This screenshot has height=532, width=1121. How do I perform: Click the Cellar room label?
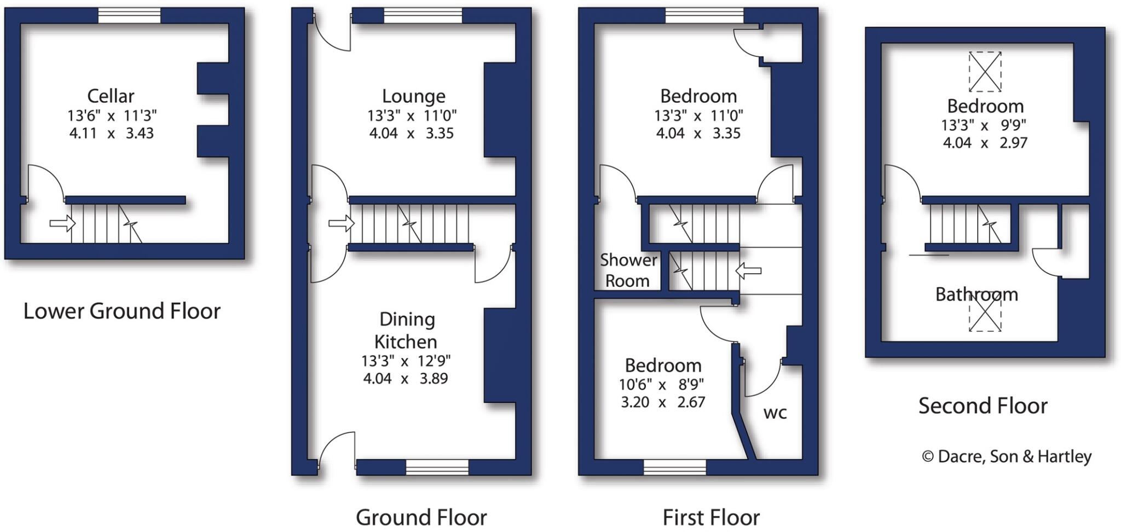pyautogui.click(x=111, y=96)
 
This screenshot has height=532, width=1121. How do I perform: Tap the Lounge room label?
pyautogui.click(x=413, y=96)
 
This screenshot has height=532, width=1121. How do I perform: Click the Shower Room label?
pyautogui.click(x=627, y=270)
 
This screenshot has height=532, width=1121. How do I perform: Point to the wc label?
pyautogui.click(x=775, y=413)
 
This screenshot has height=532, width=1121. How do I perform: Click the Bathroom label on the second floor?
pyautogui.click(x=976, y=294)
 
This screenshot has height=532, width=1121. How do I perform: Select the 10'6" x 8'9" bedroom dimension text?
pyautogui.click(x=661, y=385)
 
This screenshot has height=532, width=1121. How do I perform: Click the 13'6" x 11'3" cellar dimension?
pyautogui.click(x=112, y=115)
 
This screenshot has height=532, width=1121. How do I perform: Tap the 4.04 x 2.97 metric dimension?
pyautogui.click(x=985, y=143)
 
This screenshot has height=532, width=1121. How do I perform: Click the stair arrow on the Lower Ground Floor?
pyautogui.click(x=62, y=223)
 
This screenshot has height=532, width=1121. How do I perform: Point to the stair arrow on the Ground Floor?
pyautogui.click(x=341, y=223)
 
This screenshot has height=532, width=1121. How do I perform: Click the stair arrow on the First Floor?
pyautogui.click(x=748, y=270)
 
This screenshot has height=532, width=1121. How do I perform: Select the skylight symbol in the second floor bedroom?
pyautogui.click(x=985, y=72)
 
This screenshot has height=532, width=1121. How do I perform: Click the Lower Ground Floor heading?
pyautogui.click(x=122, y=311)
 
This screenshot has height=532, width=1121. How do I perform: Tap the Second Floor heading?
pyautogui.click(x=983, y=406)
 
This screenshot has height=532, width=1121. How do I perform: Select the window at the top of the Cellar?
pyautogui.click(x=129, y=15)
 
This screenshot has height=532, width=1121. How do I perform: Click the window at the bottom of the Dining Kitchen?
pyautogui.click(x=437, y=467)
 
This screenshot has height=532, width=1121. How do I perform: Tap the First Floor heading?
pyautogui.click(x=710, y=517)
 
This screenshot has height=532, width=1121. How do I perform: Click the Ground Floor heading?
pyautogui.click(x=421, y=517)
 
